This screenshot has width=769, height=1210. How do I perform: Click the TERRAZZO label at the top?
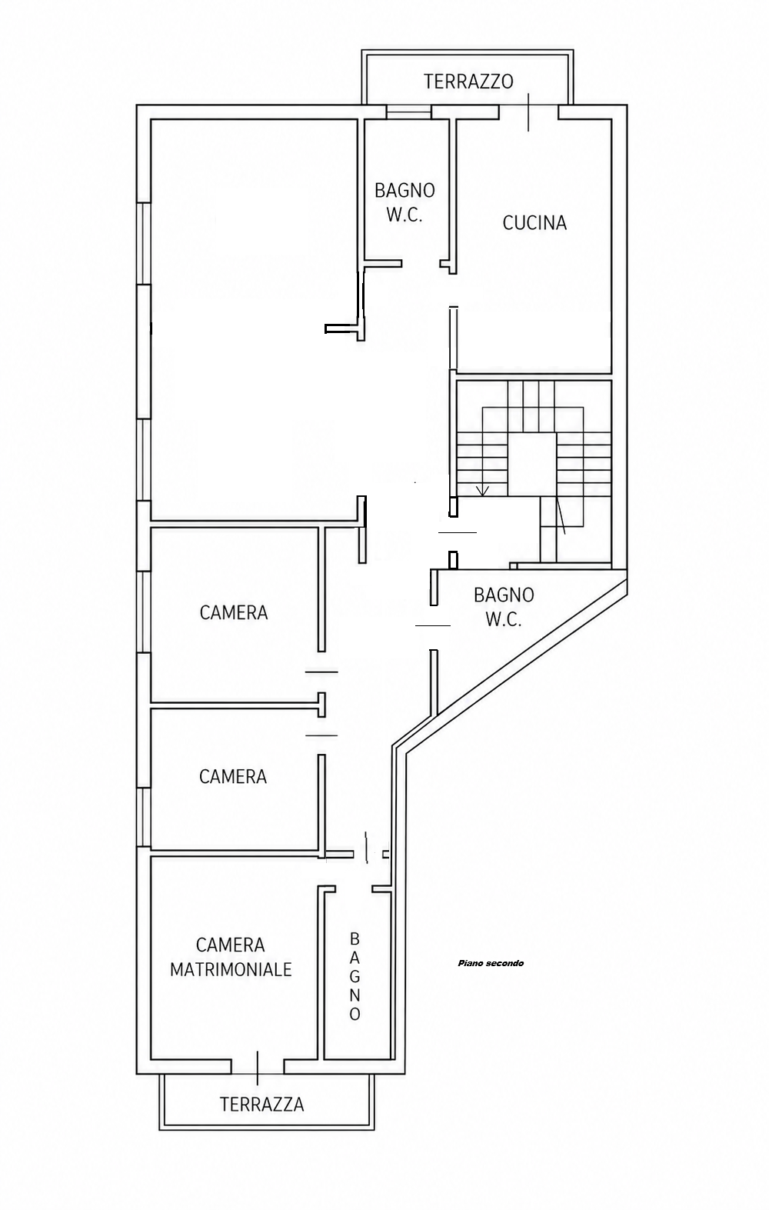point(468,82)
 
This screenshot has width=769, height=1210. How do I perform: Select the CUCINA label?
point(534,222)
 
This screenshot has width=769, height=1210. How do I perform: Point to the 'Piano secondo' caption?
point(491,962)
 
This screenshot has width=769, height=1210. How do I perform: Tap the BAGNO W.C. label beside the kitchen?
point(405,202)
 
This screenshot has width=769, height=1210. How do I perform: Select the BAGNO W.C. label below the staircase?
point(504,607)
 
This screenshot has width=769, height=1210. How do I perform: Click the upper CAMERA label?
point(234,612)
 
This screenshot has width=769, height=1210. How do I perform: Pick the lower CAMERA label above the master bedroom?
point(233,776)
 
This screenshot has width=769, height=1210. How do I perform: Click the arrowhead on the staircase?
point(482,490)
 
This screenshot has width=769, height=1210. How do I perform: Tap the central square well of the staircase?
point(532,464)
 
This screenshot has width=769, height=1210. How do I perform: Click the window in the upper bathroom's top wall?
point(409,112)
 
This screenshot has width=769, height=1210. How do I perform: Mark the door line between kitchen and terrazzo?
point(528,112)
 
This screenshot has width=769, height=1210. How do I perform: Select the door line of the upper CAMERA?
point(321,672)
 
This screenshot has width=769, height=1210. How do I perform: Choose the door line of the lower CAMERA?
point(321,735)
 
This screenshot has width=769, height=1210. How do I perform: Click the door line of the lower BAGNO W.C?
point(432,625)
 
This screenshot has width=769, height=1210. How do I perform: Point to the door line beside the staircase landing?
point(458,532)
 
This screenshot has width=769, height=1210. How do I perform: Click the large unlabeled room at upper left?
point(254,318)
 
